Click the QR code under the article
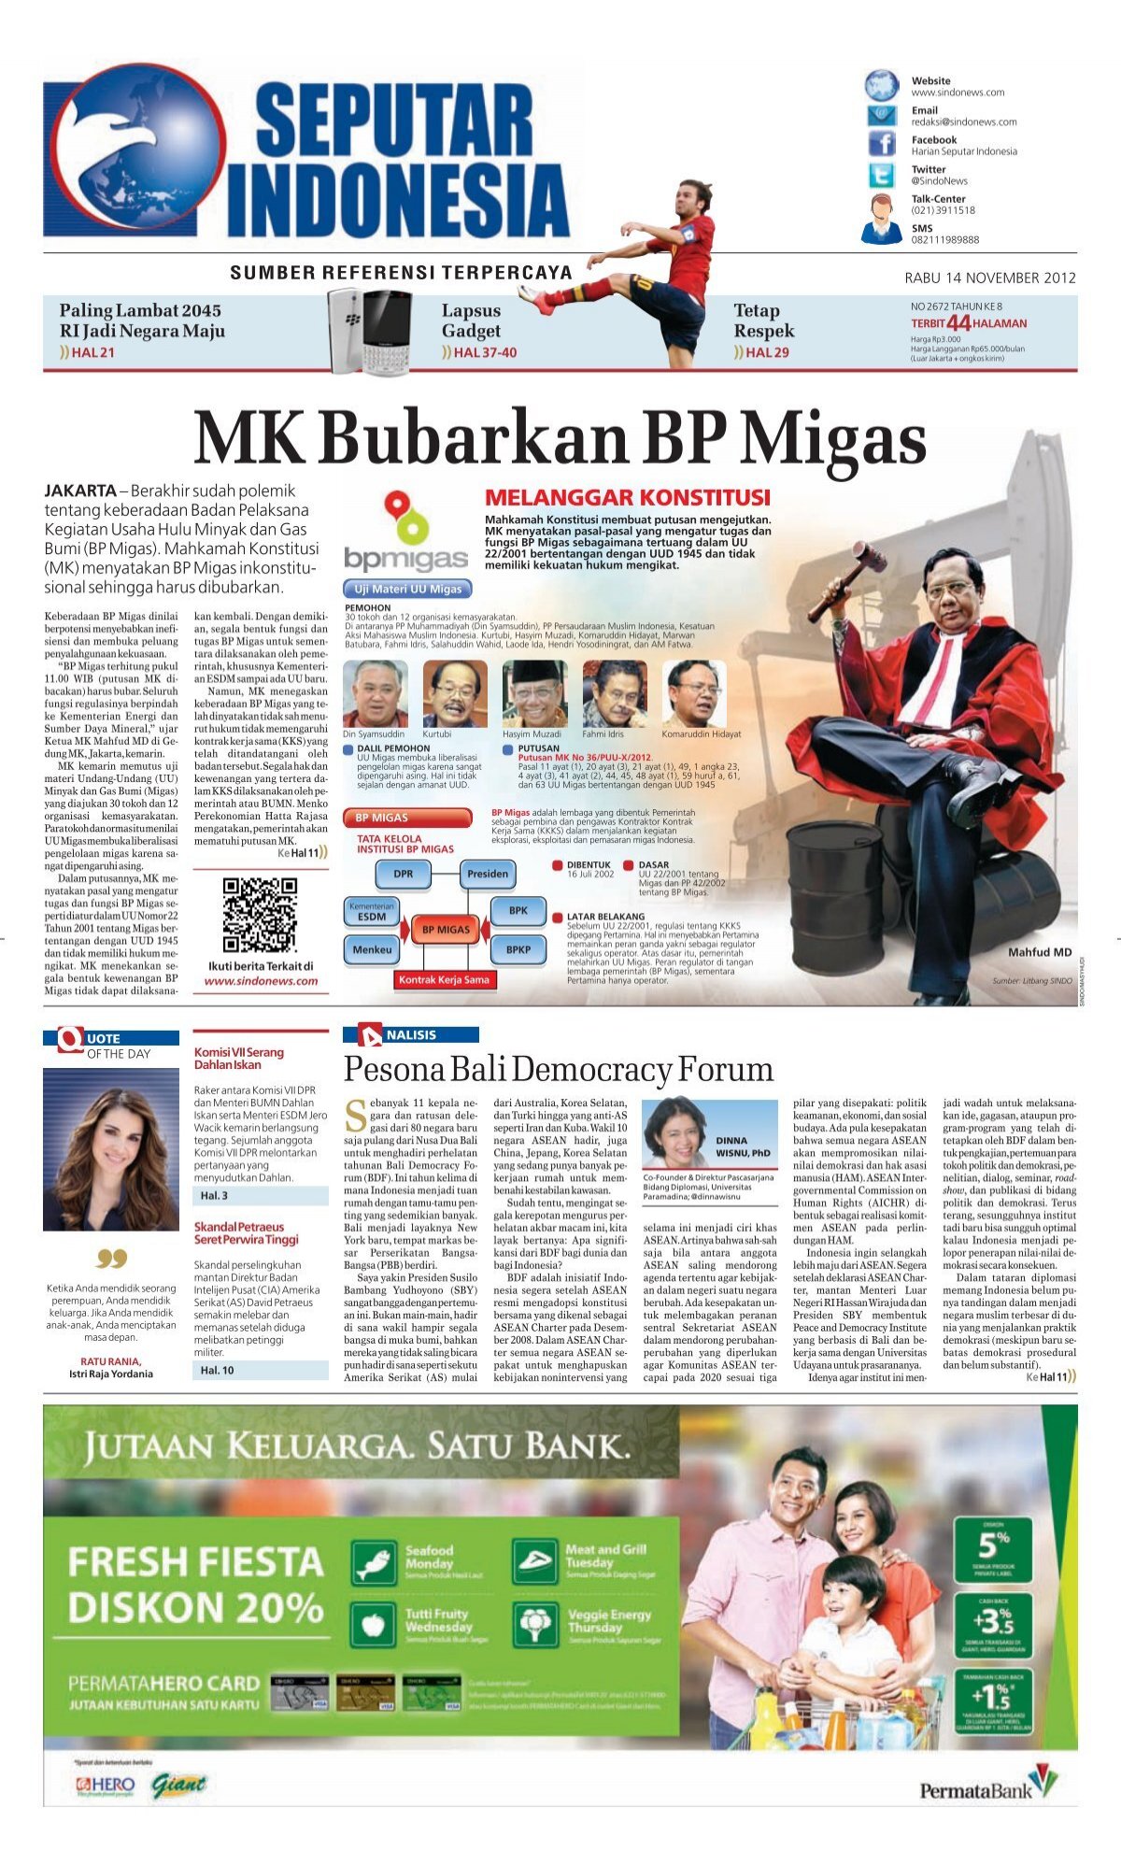(260, 915)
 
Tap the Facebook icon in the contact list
(881, 144)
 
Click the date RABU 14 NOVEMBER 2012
(990, 278)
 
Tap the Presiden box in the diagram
(488, 874)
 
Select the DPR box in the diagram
(403, 874)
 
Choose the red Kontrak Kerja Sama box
(444, 979)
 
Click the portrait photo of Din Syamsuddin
(376, 693)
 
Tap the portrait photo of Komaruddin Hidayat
(694, 693)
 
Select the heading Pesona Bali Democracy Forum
(559, 1069)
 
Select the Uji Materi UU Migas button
(408, 589)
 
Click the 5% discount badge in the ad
(993, 1547)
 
